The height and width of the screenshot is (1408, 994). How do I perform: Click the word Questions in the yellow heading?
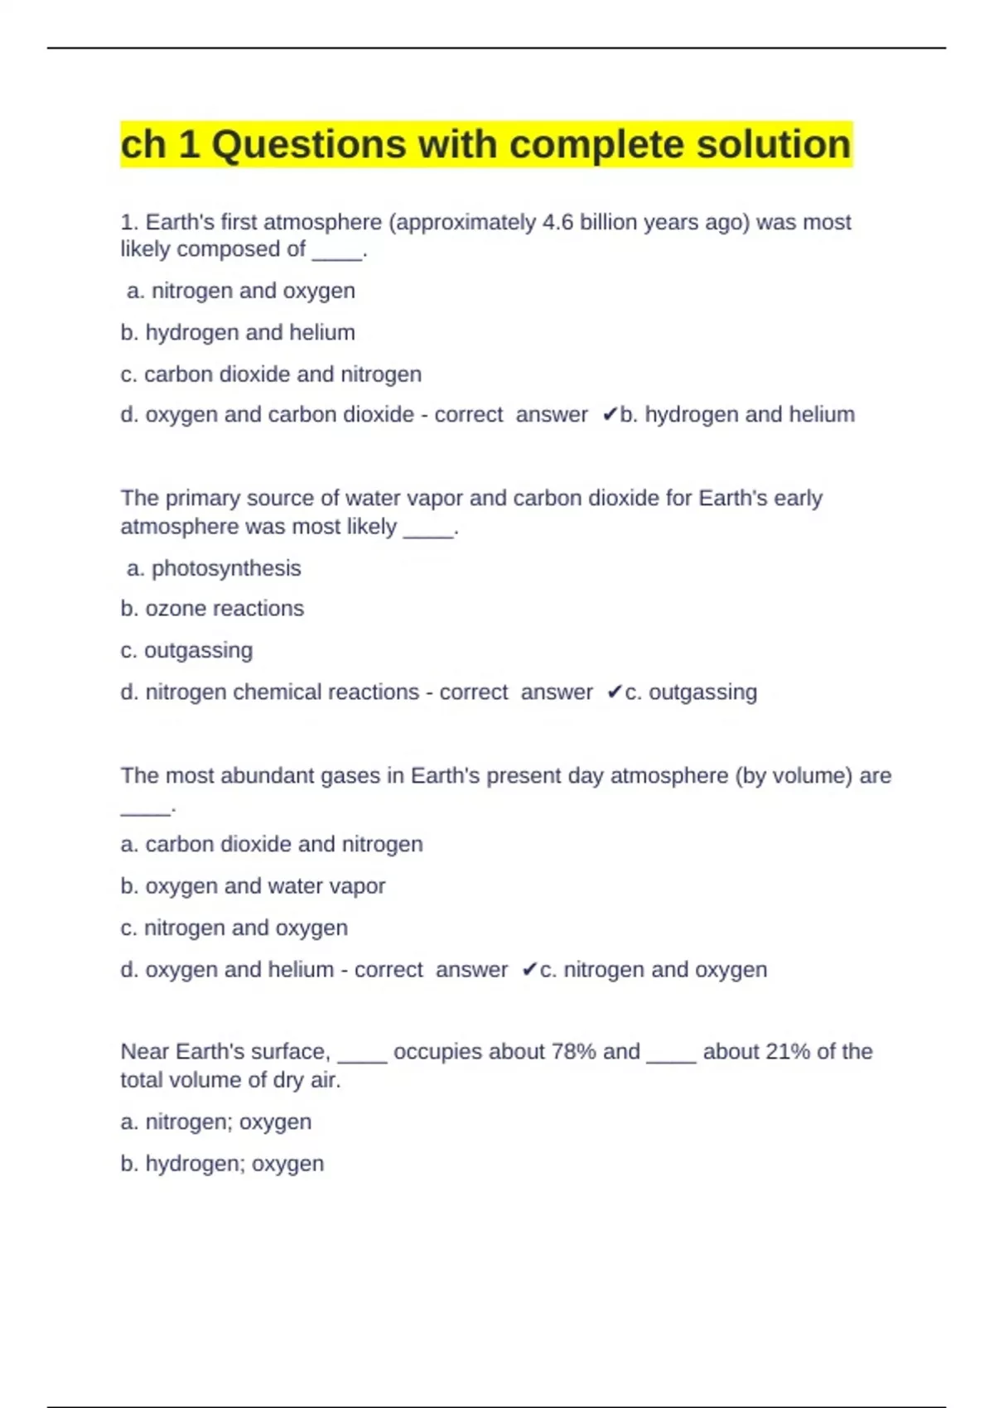(x=308, y=145)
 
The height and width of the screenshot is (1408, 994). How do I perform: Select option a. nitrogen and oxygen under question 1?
(x=241, y=291)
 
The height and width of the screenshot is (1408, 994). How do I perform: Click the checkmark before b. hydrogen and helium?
(x=610, y=415)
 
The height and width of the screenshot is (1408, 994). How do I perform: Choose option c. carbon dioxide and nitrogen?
(x=271, y=374)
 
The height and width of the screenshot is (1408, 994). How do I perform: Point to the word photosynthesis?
(x=226, y=568)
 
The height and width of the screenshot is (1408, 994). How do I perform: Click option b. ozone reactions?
(x=212, y=609)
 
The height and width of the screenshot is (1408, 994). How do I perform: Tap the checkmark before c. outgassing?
(x=614, y=692)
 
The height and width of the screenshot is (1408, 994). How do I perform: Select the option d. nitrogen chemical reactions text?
(x=270, y=692)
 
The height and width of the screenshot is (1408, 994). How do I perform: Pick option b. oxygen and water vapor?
(x=253, y=886)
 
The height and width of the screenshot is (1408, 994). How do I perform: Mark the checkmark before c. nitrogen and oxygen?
(x=529, y=970)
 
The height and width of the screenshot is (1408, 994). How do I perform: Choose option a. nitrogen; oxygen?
(x=216, y=1122)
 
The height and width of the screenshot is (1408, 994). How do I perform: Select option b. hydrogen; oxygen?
(x=222, y=1164)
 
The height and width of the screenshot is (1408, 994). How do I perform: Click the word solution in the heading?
(x=773, y=145)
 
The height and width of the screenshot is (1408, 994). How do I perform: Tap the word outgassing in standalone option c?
(x=199, y=651)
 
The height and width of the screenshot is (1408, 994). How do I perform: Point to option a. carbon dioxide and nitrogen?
(x=272, y=845)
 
